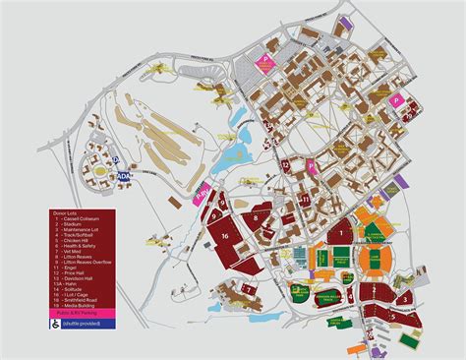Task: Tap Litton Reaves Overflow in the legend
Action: pos(80,263)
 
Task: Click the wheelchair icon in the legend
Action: pos(56,321)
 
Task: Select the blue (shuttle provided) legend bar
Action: pos(85,322)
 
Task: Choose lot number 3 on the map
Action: pos(404,298)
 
